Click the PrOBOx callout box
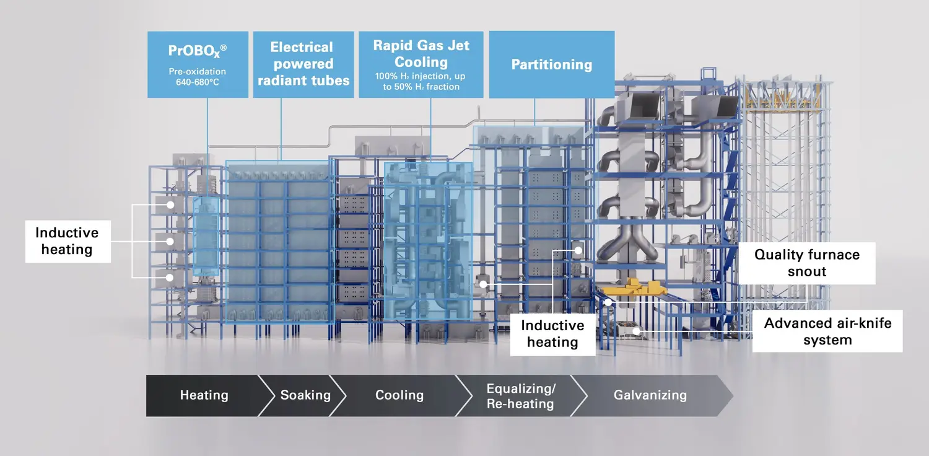coord(198,64)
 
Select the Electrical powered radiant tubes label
coord(303,64)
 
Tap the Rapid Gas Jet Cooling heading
coord(421,53)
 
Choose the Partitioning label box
coord(551,64)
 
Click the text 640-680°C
coord(198,82)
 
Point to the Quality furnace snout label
coord(807,263)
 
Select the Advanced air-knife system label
coord(827,331)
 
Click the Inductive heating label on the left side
coord(67,241)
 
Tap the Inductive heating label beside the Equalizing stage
coord(552,334)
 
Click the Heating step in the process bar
coord(204,395)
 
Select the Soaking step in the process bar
coord(305,395)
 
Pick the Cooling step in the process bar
coord(399,395)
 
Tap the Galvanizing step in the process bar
coord(650,395)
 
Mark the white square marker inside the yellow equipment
coord(609,302)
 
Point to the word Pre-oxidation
coord(198,72)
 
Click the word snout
coord(807,271)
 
